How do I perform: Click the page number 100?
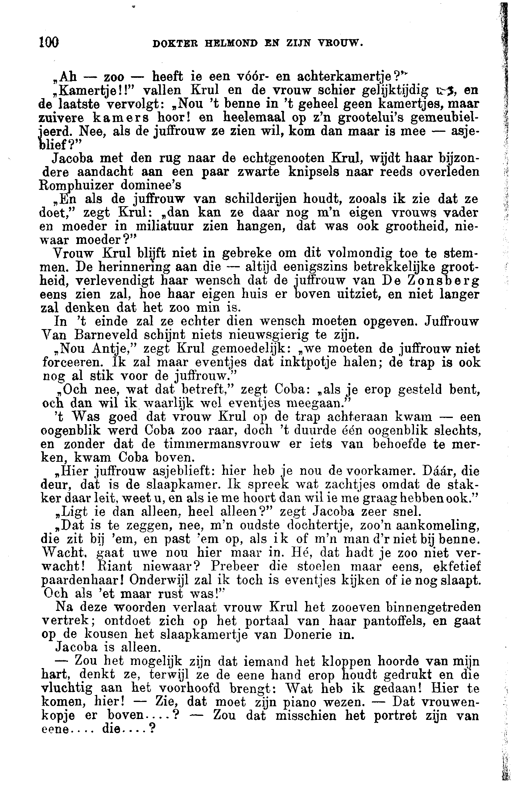(x=49, y=43)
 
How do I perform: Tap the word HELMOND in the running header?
(x=231, y=43)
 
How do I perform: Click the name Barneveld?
(x=105, y=335)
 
